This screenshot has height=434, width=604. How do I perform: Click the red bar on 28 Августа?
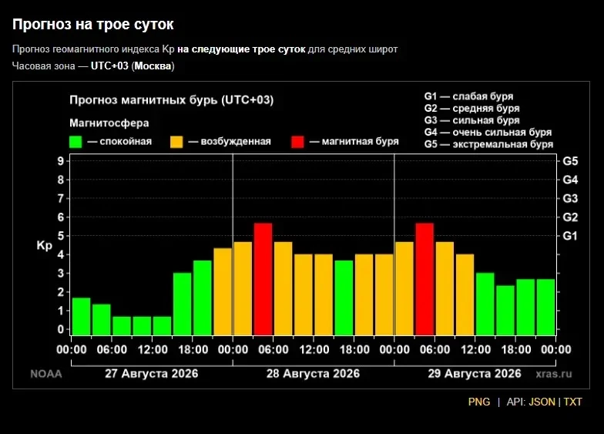[263, 279]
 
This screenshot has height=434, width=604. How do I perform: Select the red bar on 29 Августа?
[424, 279]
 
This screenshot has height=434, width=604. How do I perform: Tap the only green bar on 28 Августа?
[344, 298]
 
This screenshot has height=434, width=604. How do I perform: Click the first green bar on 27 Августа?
[82, 316]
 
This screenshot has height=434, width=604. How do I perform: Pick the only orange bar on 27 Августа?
[223, 291]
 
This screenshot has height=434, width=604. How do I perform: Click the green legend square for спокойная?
[75, 142]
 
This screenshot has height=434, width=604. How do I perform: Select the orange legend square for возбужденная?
[176, 142]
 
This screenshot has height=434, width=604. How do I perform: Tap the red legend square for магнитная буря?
[297, 142]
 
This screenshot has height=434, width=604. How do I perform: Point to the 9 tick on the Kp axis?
[61, 160]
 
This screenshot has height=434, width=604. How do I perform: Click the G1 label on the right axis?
[570, 236]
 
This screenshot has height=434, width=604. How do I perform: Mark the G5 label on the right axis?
[570, 161]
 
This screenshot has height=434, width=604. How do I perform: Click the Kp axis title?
[45, 246]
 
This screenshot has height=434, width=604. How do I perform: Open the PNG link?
[479, 402]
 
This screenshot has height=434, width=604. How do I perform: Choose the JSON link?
[542, 402]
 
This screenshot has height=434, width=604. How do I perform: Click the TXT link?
[573, 402]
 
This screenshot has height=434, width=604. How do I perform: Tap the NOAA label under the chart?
[46, 374]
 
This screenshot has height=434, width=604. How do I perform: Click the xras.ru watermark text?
[553, 374]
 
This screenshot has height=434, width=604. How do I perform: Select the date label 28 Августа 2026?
[313, 373]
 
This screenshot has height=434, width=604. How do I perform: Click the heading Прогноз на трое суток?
[92, 25]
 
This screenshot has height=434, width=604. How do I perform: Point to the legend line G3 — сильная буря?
[471, 120]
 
